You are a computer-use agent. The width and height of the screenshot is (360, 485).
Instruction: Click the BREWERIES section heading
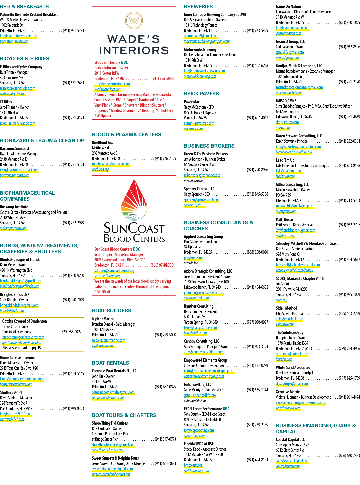198,7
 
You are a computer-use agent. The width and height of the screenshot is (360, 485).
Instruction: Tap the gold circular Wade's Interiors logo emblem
134,21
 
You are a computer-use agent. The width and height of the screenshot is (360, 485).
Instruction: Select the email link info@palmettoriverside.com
19,36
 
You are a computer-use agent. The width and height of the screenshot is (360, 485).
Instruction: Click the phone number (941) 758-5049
162,79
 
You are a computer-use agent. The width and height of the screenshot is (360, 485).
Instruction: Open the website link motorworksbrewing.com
200,76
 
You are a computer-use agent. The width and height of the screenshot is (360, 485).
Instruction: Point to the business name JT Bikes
6,102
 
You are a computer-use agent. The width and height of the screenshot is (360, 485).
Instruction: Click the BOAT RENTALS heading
111,363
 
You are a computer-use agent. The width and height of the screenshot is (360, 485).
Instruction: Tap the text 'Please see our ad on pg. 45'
21,348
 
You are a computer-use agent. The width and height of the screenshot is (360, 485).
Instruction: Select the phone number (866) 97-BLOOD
162,265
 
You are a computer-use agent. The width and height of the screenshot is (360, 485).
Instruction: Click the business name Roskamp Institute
14,207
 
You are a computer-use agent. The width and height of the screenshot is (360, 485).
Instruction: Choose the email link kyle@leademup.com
290,171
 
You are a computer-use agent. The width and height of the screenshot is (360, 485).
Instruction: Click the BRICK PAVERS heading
201,94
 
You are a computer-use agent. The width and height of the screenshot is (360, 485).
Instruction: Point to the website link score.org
281,300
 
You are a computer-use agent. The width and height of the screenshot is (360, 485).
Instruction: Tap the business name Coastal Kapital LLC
290,439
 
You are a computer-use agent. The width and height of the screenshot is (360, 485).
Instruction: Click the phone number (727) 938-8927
257,322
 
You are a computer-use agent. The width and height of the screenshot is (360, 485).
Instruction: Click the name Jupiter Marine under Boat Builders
103,319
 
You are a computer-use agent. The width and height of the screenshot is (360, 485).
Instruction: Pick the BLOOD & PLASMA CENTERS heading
126,135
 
